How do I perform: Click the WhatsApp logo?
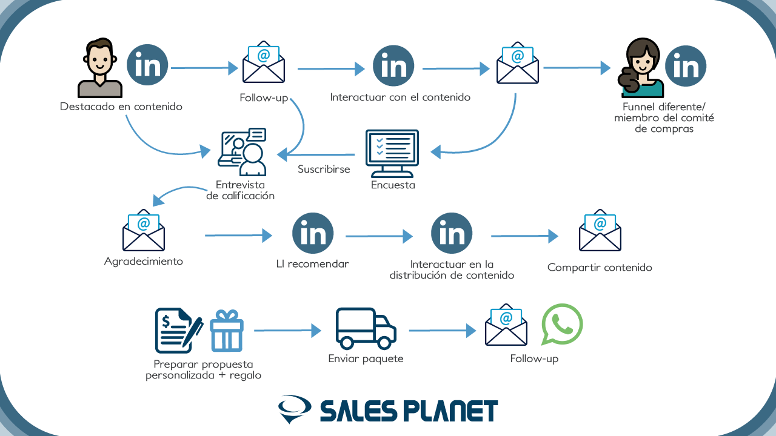562,324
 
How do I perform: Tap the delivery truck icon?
366,328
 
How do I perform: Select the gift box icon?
227,331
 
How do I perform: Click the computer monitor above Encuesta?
392,153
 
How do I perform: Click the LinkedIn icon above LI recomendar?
313,233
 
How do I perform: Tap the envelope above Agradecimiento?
144,230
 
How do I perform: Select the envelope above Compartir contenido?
600,230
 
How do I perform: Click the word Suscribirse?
324,169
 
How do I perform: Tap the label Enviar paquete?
366,359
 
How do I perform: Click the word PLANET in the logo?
450,411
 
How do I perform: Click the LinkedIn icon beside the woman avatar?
686,66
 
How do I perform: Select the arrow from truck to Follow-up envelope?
443,331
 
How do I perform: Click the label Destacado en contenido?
121,107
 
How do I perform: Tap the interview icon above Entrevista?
242,152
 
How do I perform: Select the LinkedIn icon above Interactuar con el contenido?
393,66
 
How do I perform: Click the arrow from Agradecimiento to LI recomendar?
238,236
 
